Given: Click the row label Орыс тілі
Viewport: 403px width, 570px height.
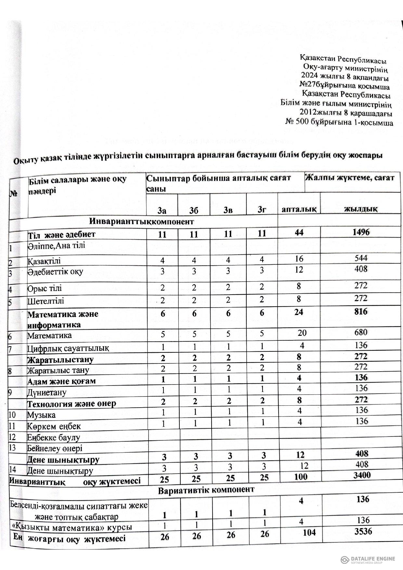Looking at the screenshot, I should click(x=45, y=288).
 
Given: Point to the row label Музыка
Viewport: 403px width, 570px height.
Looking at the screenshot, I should click(x=41, y=415).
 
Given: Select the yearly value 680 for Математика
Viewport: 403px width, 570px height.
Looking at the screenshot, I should click(x=361, y=332).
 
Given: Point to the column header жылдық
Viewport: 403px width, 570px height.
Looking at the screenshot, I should click(x=361, y=209).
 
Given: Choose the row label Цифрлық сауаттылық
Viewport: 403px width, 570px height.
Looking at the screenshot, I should click(x=68, y=348).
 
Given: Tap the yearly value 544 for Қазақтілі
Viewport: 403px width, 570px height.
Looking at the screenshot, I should click(x=361, y=258).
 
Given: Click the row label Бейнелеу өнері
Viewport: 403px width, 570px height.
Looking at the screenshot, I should click(x=55, y=449).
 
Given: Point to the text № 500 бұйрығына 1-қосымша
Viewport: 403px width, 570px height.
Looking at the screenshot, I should click(x=339, y=123).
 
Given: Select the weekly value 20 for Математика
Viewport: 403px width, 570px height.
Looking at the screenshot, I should click(x=302, y=333).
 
